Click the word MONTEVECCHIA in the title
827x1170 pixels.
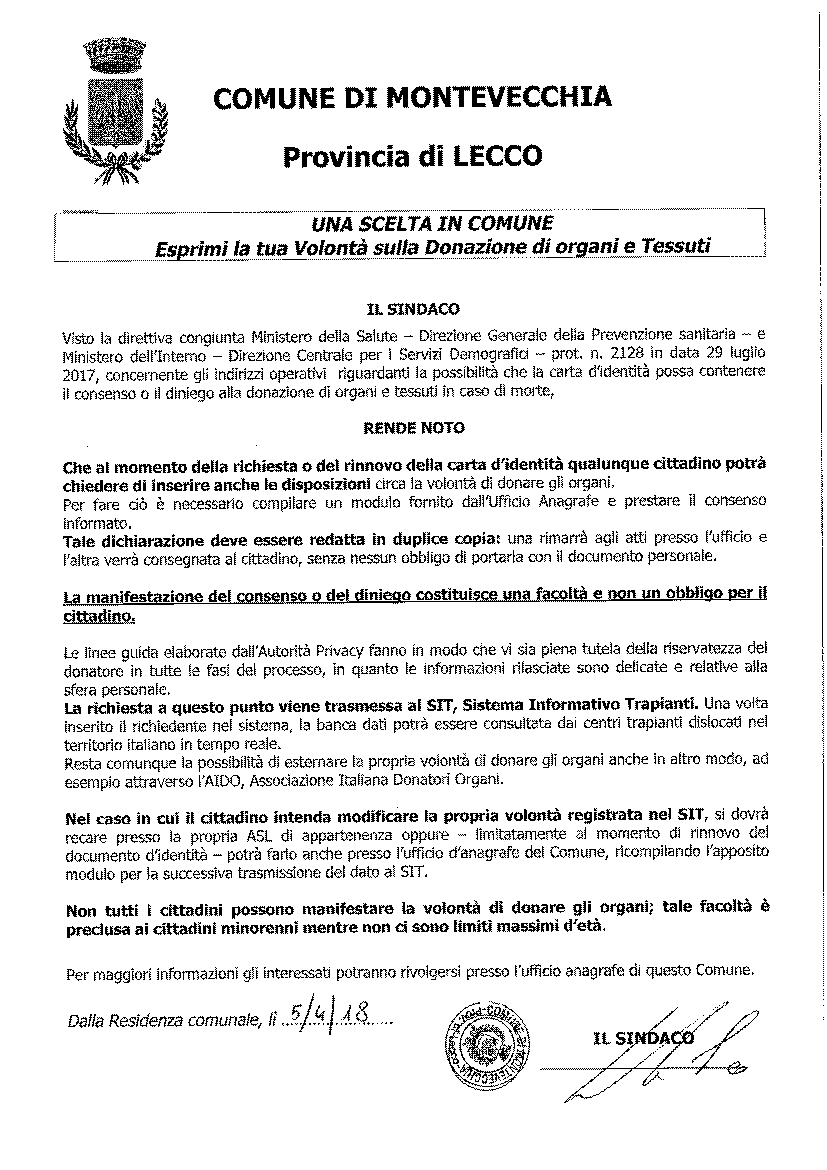coord(502,97)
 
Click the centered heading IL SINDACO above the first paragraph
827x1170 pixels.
coord(413,309)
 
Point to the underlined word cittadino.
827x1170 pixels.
coord(99,616)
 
